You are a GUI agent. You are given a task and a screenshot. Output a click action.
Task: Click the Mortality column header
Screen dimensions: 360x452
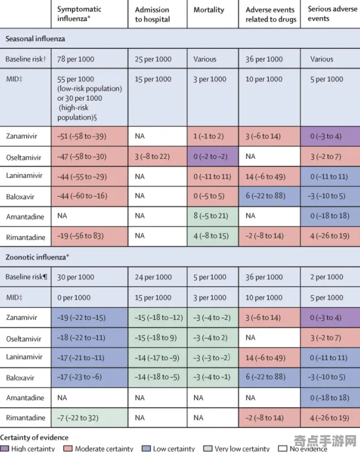(x=208, y=10)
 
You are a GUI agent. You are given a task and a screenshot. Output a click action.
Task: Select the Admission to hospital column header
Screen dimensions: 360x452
(x=152, y=14)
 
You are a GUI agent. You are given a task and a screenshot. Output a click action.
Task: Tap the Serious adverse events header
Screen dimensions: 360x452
(x=332, y=13)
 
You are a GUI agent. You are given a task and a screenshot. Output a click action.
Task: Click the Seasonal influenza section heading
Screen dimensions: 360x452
(x=35, y=39)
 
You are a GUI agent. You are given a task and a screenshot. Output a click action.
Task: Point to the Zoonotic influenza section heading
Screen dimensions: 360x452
(x=37, y=257)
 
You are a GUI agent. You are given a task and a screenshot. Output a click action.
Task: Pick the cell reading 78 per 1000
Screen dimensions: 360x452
(x=76, y=59)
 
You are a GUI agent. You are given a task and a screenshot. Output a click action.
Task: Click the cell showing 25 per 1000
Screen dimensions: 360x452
(x=153, y=59)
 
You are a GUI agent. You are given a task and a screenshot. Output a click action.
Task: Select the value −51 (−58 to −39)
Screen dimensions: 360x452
(x=82, y=136)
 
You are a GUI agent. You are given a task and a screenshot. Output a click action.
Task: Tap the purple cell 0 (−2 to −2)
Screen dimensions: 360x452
(x=211, y=156)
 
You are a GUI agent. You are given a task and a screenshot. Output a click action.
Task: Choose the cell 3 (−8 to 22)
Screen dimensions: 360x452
(x=152, y=156)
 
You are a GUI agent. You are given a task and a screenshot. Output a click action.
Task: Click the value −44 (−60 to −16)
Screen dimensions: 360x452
(x=82, y=196)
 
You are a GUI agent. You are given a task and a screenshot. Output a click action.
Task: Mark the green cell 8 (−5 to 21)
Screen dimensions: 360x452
(x=211, y=216)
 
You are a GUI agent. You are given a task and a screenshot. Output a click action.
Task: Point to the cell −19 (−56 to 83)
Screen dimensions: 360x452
(x=80, y=236)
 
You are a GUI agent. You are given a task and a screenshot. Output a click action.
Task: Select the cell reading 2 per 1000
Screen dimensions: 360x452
(x=327, y=277)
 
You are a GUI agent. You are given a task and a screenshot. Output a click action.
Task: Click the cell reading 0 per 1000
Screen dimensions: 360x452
(x=74, y=298)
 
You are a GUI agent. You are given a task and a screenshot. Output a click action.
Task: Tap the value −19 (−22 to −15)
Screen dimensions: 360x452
(x=82, y=317)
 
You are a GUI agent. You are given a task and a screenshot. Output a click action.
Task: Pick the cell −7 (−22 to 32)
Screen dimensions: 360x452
(x=77, y=418)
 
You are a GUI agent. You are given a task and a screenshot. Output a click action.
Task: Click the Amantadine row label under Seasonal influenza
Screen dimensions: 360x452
(x=25, y=217)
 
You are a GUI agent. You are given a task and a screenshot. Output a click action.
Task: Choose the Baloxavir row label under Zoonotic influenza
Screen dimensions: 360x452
(x=20, y=378)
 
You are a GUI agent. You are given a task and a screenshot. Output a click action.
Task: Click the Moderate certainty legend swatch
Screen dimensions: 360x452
(x=68, y=448)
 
